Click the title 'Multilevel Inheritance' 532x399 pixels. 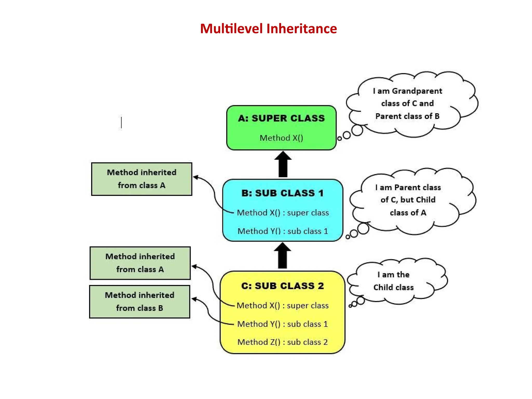pos(268,29)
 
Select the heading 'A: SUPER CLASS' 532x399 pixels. pos(281,118)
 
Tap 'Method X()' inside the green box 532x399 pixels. pos(281,138)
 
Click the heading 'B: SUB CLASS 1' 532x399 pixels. pos(282,193)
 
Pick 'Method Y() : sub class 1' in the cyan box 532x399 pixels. pos(283,231)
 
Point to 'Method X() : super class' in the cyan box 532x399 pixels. pos(283,213)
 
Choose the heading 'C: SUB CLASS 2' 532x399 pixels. pos(282,286)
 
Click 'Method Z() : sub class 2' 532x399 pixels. pos(282,342)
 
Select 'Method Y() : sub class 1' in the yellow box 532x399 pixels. pos(282,324)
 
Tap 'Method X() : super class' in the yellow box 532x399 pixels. pos(282,305)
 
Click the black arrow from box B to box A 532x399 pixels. pos(283,165)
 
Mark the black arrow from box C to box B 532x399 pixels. pos(282,256)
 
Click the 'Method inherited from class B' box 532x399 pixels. pos(140,302)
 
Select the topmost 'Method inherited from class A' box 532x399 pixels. pos(142,179)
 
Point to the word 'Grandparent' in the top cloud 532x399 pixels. pos(417,91)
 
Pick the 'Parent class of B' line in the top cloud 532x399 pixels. pos(407,116)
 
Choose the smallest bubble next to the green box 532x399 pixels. pos(339,139)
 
